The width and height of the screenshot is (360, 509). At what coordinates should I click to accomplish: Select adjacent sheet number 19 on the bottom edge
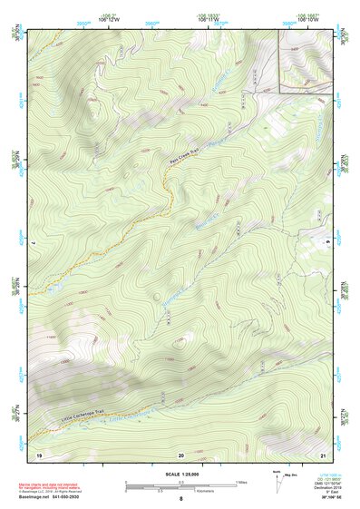click(x=38, y=453)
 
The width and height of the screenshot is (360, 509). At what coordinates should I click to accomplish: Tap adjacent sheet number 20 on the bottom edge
click(x=180, y=453)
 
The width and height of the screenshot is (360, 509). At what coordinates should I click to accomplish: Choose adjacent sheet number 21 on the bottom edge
click(x=324, y=453)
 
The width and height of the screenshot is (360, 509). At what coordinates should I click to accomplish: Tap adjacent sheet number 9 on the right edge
click(x=328, y=243)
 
